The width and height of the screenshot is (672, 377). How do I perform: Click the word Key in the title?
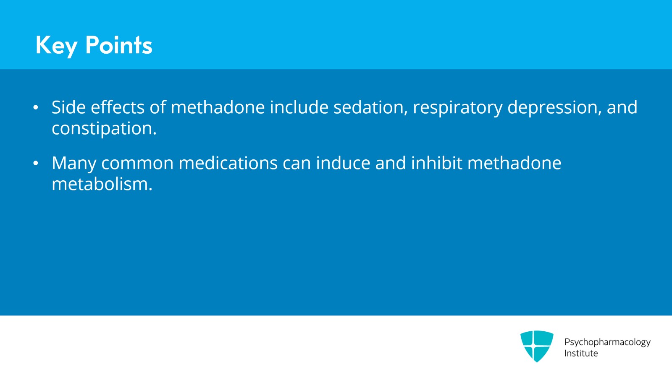(56, 45)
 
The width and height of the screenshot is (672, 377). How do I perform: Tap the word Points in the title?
(118, 45)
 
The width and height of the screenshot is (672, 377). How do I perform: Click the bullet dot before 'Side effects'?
(36, 108)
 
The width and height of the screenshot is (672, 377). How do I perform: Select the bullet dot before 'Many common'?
(36, 163)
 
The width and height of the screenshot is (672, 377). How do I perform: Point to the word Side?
(68, 107)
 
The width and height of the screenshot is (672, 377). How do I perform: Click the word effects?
(118, 107)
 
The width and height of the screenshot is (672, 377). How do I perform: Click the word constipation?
(104, 129)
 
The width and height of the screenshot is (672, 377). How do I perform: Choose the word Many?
(74, 164)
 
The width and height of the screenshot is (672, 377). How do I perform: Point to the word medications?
(228, 163)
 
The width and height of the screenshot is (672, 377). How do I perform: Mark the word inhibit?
(436, 163)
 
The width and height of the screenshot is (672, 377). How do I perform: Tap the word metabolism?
(102, 184)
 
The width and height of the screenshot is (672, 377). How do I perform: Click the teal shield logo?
(536, 346)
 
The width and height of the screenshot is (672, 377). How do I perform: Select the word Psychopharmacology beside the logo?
(607, 342)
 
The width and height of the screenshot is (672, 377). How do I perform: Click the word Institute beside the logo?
(581, 354)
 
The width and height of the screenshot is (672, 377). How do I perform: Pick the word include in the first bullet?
(299, 107)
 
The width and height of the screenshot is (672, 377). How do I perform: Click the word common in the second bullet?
(137, 163)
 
